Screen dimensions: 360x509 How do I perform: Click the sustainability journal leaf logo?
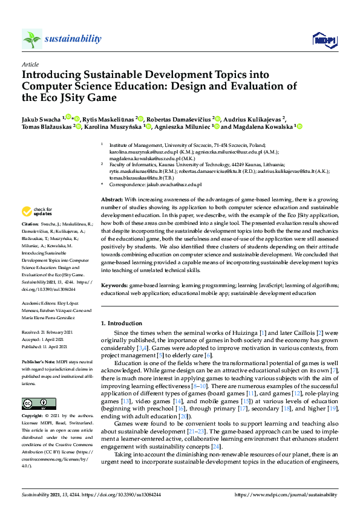point(31,39)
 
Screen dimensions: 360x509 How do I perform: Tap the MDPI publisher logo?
point(323,40)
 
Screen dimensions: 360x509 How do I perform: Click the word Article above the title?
point(30,64)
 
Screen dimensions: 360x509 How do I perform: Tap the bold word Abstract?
point(112,199)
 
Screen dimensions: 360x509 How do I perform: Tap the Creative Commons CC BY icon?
point(34,403)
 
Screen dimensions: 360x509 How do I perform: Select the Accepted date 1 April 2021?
point(53,340)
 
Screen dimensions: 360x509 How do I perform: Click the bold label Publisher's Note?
point(38,360)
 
